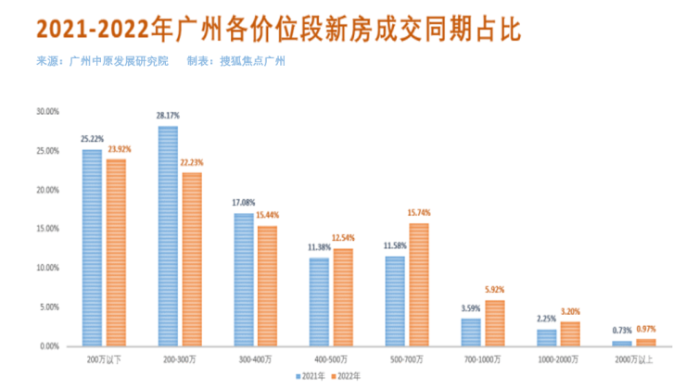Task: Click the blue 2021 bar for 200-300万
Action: pos(168,236)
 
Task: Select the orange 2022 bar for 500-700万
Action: pos(418,284)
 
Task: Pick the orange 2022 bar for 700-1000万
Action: pos(494,322)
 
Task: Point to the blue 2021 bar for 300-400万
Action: pos(243,279)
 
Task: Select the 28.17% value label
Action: pos(168,116)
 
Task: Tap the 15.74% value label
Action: pos(419,213)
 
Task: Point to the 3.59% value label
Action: pos(470,308)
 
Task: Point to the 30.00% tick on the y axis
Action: pos(47,111)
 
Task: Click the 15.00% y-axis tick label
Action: pos(47,229)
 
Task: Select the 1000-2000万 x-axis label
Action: pos(558,358)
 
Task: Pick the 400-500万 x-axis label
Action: pos(331,358)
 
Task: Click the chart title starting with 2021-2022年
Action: pos(278,29)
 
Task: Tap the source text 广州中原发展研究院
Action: pos(120,61)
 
